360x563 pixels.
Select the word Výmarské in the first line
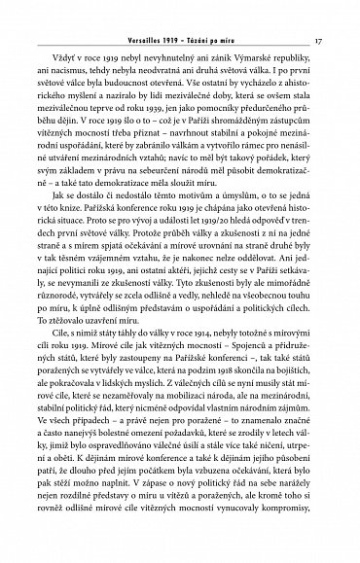[260, 60]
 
